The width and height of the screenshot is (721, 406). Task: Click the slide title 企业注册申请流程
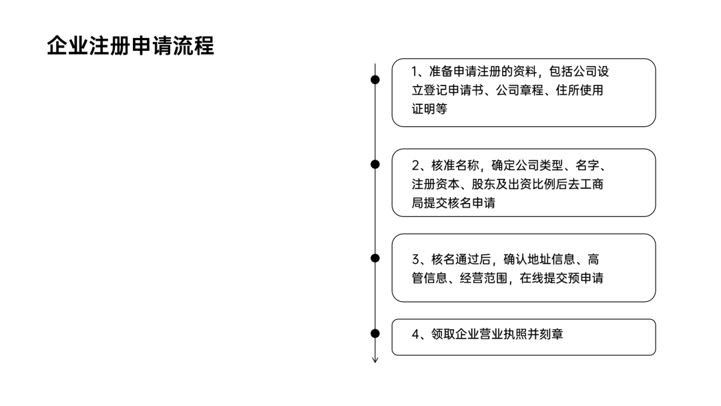point(130,46)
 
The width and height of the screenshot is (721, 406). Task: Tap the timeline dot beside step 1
point(375,79)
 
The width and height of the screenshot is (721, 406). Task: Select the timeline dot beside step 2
point(375,164)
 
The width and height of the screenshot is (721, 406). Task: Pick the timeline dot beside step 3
point(375,258)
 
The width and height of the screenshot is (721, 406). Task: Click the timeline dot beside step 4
point(375,333)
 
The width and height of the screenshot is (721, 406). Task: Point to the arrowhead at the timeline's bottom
point(375,361)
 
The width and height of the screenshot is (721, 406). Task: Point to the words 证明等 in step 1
point(429,110)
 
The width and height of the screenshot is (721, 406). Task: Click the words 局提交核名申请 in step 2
point(453,203)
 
